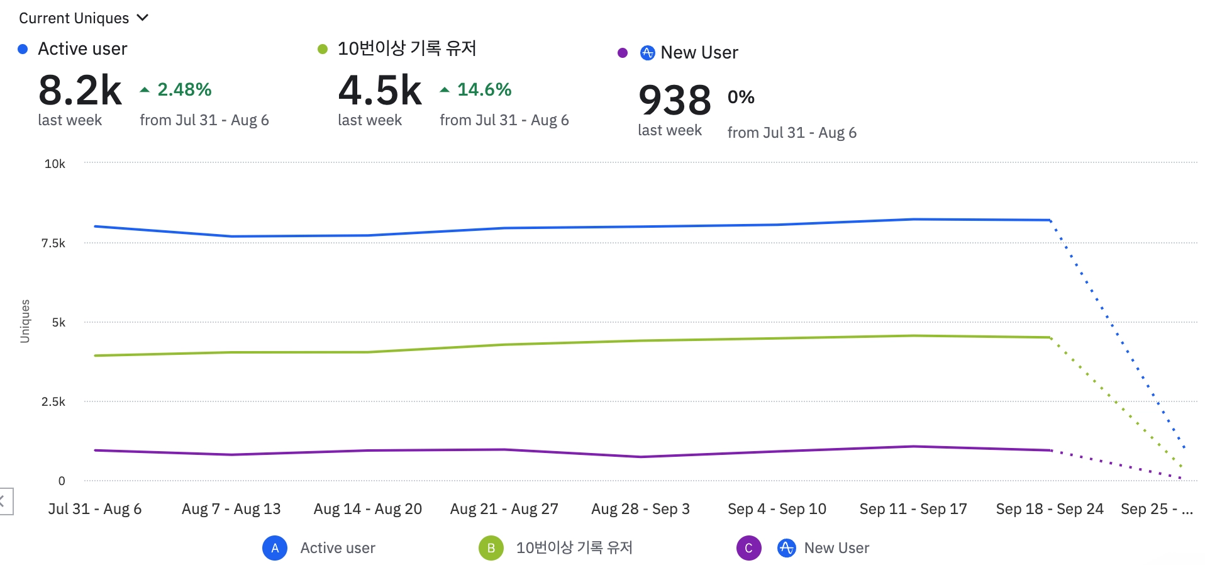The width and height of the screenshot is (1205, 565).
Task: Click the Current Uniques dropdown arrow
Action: [143, 18]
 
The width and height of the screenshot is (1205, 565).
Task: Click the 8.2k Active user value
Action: [80, 91]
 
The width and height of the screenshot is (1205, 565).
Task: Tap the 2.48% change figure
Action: [184, 89]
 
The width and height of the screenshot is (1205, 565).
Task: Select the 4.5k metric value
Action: [380, 91]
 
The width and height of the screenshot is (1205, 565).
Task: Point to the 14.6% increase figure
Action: [484, 89]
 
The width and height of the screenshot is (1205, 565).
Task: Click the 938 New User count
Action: [675, 100]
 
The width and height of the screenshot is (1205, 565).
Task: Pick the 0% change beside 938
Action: [741, 97]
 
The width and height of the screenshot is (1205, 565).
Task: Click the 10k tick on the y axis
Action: [55, 164]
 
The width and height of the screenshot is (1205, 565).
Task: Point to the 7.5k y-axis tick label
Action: [53, 243]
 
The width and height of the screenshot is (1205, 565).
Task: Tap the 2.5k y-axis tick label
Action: [53, 402]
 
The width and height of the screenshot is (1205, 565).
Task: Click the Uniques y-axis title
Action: [25, 321]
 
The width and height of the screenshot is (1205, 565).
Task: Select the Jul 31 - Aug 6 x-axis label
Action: [95, 509]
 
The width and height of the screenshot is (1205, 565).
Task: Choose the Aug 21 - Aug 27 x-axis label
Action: [504, 509]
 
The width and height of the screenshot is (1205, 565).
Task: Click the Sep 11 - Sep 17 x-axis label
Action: [913, 509]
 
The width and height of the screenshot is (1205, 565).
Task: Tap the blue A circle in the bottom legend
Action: [275, 548]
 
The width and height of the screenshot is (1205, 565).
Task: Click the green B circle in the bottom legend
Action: [491, 548]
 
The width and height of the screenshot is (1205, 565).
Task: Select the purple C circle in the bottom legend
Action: [748, 548]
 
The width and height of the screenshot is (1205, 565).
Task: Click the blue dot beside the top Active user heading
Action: [23, 49]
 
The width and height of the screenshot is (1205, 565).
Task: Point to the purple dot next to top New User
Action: [623, 53]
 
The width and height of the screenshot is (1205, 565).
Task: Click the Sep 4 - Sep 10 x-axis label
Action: [777, 509]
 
